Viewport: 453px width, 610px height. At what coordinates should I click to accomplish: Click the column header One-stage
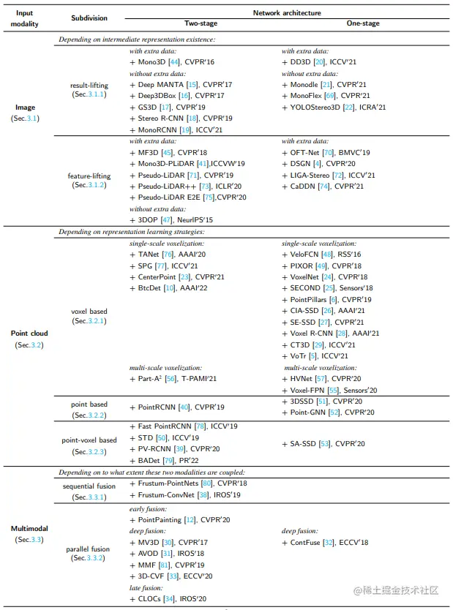363,23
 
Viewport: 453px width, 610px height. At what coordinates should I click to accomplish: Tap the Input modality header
26,17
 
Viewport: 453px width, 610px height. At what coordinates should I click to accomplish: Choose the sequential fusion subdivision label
89,486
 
